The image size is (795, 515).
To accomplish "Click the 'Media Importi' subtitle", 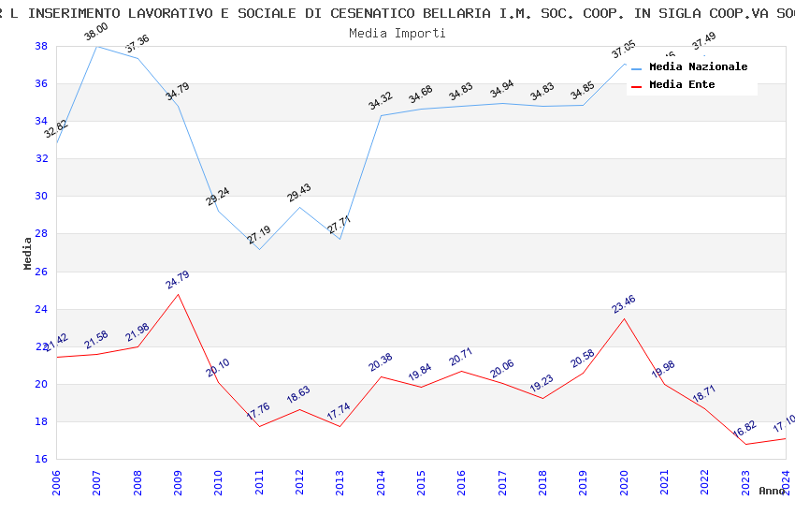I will point(397,33).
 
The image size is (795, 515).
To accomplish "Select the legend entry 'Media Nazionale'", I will point(698,66).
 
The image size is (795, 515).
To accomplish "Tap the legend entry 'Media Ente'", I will point(682,84).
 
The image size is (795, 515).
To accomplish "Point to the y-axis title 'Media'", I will point(28,253).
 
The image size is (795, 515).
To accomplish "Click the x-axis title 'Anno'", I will point(772,491).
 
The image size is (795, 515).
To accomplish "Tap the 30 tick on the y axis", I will point(42,197).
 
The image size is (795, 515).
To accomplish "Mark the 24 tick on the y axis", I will point(42,309).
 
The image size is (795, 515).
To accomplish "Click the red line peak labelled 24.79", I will point(178,294).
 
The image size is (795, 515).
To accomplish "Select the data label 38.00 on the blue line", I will point(95,33).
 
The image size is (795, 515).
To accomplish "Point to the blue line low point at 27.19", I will point(259,249).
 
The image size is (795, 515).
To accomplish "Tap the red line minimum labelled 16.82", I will point(745,444).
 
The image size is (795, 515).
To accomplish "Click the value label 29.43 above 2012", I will point(299,194).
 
